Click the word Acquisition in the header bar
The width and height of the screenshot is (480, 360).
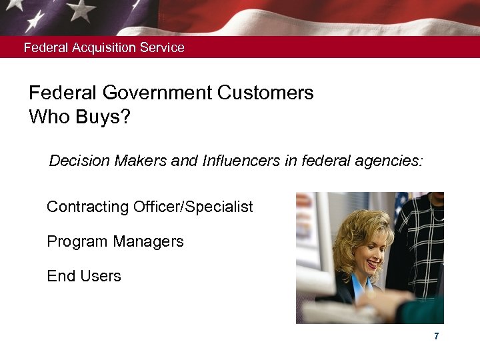[x=105, y=48]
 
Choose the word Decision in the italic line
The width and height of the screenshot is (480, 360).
[x=79, y=161]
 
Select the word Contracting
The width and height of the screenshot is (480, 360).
[x=87, y=207]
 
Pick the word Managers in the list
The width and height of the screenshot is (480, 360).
[x=149, y=241]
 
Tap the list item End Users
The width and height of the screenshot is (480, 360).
[x=84, y=276]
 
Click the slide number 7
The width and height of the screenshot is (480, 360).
[x=436, y=337]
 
